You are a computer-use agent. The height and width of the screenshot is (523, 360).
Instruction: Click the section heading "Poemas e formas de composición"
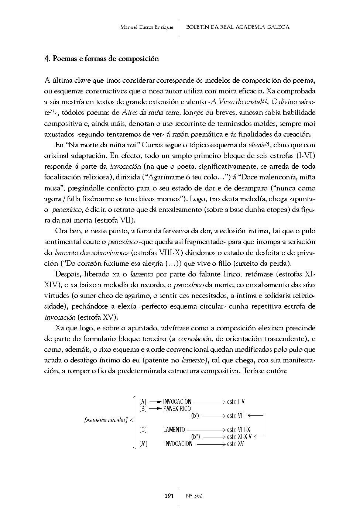106,59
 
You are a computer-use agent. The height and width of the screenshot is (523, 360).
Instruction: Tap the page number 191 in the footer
169,496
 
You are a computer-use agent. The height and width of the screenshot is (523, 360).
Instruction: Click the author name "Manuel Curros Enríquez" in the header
147,27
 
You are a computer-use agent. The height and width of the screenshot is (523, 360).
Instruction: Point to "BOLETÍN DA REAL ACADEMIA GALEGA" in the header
238,27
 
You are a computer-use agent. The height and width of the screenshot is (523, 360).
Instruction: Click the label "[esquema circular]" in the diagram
106,420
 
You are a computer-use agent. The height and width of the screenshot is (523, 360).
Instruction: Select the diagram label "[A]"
143,402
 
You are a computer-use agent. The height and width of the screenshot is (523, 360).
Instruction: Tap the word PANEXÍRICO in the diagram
177,409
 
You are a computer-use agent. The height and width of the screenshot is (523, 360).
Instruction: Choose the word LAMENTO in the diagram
174,430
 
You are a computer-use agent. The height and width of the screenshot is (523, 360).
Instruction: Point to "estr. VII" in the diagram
236,416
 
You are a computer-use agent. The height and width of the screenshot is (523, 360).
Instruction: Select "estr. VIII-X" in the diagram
239,430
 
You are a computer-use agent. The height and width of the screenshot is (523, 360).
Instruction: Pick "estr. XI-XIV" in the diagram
239,437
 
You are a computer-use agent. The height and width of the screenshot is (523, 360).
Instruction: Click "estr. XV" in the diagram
235,444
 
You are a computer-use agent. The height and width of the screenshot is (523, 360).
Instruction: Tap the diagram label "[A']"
143,444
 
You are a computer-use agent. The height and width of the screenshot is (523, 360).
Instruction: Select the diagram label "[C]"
143,430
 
